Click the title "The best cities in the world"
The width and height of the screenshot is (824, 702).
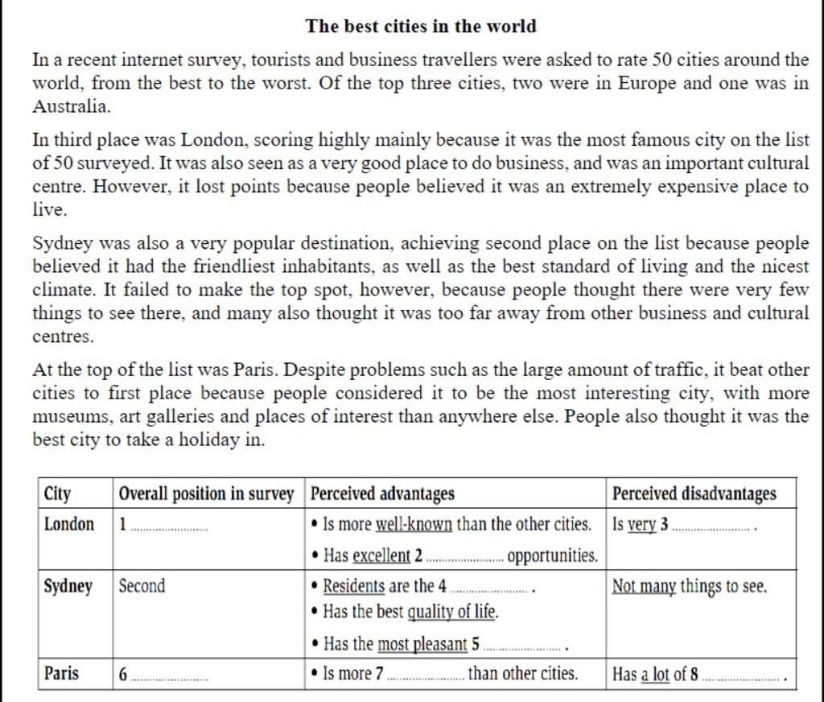pos(421,26)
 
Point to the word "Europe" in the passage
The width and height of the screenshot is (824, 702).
pos(648,83)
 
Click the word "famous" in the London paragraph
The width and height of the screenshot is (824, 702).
pos(624,140)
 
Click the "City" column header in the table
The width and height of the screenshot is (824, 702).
pos(58,493)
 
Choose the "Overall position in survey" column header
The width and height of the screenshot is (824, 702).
pos(207,493)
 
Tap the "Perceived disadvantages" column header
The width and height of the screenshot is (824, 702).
pos(694,493)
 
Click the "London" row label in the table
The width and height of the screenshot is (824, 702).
pos(69,525)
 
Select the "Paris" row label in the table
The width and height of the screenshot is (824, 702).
pos(62,673)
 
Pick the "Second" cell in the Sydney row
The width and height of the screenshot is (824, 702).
pos(142,586)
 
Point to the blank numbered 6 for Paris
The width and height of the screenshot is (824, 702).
pos(168,677)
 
